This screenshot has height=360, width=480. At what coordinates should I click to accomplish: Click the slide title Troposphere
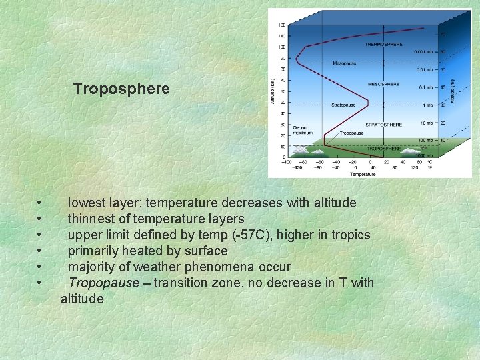click(x=121, y=89)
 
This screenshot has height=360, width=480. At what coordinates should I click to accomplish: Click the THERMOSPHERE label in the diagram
click(x=383, y=44)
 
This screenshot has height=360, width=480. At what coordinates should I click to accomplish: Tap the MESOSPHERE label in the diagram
click(x=383, y=85)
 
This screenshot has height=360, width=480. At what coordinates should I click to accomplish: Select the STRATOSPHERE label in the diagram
click(x=383, y=125)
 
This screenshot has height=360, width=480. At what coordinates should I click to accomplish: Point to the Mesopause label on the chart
click(x=345, y=64)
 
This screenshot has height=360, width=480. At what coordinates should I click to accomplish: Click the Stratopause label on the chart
click(x=344, y=105)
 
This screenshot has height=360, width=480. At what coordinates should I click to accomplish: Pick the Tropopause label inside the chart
click(x=351, y=133)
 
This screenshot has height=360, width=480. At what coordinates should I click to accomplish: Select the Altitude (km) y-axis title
click(x=272, y=91)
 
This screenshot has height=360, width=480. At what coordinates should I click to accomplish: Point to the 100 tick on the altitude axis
click(x=282, y=47)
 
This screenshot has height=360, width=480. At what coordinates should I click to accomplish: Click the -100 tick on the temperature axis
click(x=287, y=161)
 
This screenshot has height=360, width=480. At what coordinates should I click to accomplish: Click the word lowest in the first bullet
click(x=89, y=203)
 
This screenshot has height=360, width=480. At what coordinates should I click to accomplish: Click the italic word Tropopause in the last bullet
click(x=109, y=283)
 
